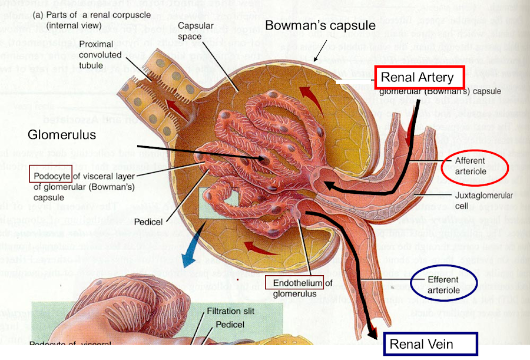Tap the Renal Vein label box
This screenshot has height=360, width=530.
430,344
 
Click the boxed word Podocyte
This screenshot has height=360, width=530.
51,175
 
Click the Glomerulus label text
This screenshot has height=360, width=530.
61,135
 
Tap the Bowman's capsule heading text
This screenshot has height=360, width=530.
320,25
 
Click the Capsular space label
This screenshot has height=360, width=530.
192,32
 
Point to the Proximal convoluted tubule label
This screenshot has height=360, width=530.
100,55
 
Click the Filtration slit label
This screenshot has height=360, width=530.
231,311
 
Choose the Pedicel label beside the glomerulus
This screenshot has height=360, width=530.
148,222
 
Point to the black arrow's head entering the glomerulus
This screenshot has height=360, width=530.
329,187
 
